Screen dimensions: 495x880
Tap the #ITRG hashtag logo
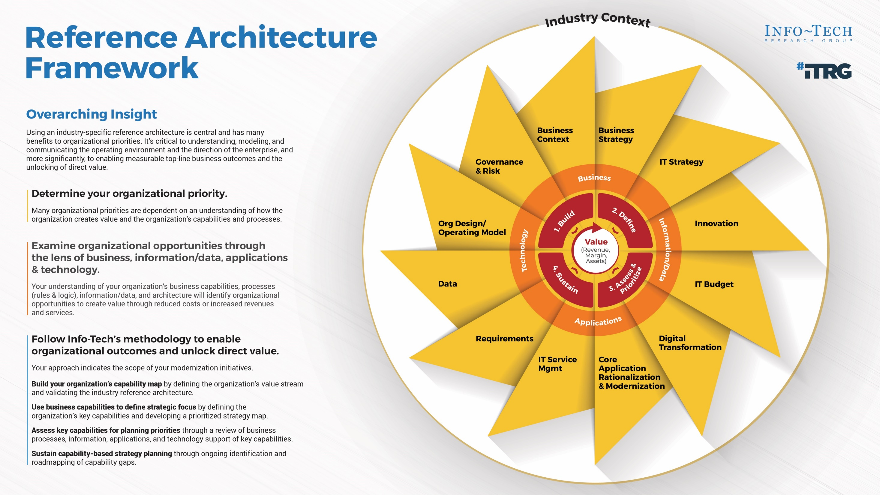(824, 70)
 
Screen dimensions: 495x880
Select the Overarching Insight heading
(91, 114)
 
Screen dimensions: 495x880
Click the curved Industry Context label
(597, 19)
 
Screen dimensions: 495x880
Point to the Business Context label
(554, 135)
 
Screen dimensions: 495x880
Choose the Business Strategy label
(616, 135)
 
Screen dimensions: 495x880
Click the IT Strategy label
(681, 162)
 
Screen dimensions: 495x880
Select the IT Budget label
(714, 284)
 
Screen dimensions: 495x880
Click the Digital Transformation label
(690, 343)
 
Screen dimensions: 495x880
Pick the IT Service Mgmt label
(557, 364)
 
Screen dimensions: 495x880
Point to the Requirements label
(504, 338)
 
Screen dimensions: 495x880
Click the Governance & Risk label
(499, 166)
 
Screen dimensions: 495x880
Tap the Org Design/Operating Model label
(472, 228)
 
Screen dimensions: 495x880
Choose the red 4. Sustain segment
(565, 280)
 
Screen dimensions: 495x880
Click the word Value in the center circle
(596, 242)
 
